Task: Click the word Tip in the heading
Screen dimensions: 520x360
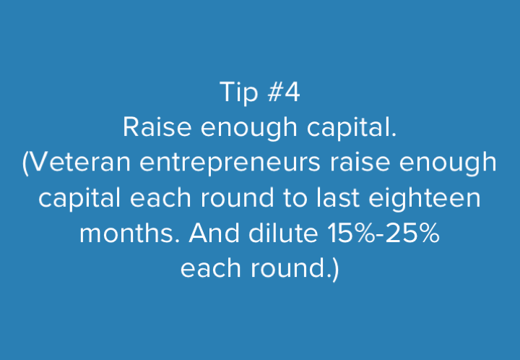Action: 239,93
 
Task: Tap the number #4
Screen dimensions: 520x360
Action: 284,92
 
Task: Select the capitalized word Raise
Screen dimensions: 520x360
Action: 157,127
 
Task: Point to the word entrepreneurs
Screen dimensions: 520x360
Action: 230,163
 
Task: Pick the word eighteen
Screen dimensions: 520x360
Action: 425,198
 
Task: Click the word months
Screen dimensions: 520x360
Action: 130,233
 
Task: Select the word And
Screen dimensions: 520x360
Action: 214,233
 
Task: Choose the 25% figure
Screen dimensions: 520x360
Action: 413,233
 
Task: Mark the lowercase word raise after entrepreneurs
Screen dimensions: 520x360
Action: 360,162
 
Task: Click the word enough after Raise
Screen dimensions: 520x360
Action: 248,128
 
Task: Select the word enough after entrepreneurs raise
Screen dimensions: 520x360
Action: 448,163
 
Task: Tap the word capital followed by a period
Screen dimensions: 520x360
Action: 352,128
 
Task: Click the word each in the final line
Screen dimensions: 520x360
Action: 211,268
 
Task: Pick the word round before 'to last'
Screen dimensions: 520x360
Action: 237,197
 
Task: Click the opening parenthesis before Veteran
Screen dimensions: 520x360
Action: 25,163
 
